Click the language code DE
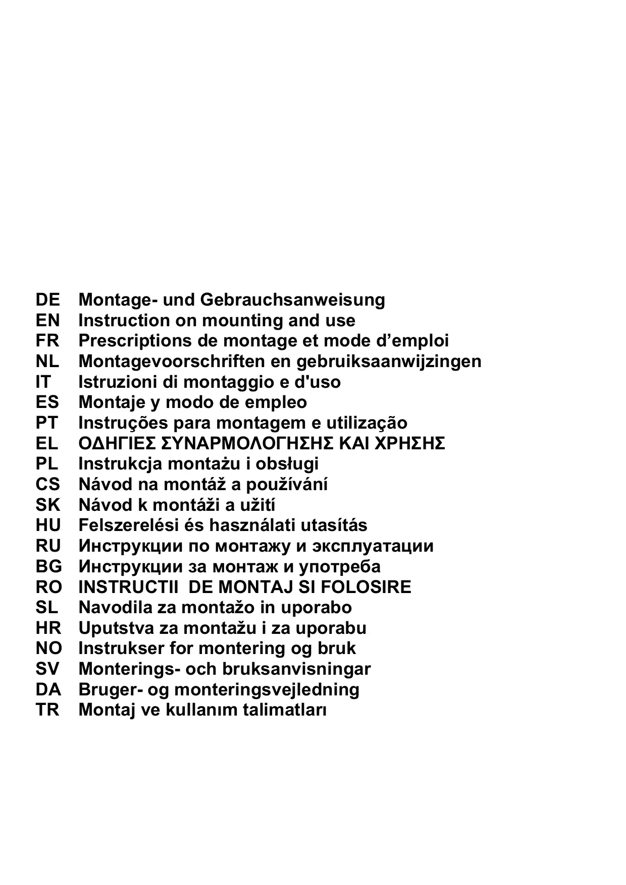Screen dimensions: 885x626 (x=47, y=300)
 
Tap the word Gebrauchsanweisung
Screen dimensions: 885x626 (x=292, y=300)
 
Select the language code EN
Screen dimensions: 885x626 (x=47, y=320)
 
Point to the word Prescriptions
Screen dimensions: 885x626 (x=134, y=341)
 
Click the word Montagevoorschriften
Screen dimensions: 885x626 (x=172, y=362)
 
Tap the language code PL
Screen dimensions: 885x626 (x=47, y=464)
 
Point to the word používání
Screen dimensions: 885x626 (x=287, y=485)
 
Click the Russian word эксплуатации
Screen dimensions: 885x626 (x=373, y=546)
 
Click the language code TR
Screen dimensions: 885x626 (x=47, y=710)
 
